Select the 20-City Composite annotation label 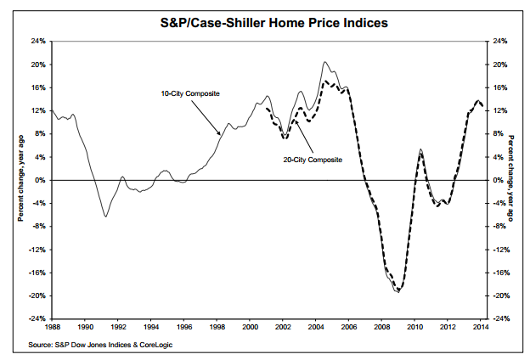click(313, 159)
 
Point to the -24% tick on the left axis click(37, 318)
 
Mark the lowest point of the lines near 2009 click(397, 292)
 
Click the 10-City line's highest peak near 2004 click(324, 62)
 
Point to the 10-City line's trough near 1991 click(105, 217)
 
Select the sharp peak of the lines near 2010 click(421, 150)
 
